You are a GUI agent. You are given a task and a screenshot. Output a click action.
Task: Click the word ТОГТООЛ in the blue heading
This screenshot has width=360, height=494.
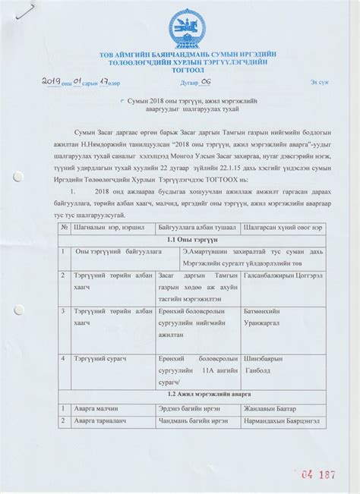click(x=181, y=73)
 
